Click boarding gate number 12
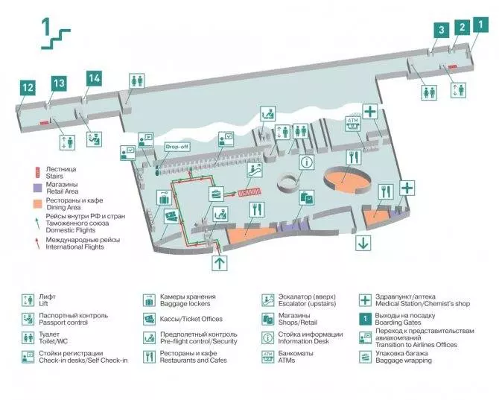tap(28, 88)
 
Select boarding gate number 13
tap(59, 83)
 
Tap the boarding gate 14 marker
tap(94, 78)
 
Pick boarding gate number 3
tap(442, 31)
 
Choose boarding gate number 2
tap(462, 28)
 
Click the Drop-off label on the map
tap(177, 147)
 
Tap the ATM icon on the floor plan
tap(353, 124)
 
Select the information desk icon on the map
tap(306, 162)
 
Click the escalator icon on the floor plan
tap(255, 170)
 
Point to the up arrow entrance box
tap(220, 263)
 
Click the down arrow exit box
tap(363, 243)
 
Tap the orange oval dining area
tap(347, 179)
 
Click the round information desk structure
tap(289, 183)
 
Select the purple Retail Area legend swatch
tap(37, 188)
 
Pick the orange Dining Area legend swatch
tap(37, 204)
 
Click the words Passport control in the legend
tap(63, 323)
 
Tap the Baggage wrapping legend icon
tap(365, 357)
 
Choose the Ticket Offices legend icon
tap(149, 319)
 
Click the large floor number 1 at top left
tap(46, 27)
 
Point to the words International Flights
tap(74, 247)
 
